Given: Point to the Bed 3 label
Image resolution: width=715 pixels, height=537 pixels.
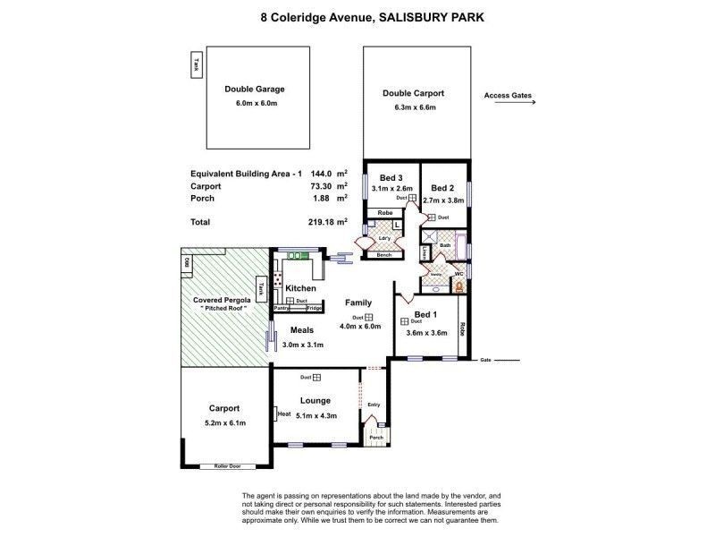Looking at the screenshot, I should click(x=392, y=177).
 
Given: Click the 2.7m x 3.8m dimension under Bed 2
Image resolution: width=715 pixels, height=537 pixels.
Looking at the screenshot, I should click(x=443, y=201).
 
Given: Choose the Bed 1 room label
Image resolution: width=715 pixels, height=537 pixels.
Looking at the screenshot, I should click(x=426, y=314).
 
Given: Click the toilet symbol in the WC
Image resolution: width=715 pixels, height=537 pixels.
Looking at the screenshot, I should click(x=459, y=286).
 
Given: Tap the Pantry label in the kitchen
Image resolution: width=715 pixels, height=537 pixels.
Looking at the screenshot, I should click(x=283, y=309).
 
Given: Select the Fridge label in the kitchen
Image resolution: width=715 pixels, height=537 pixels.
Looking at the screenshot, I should click(x=314, y=309).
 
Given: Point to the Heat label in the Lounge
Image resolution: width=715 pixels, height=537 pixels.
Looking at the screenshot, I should click(x=284, y=413).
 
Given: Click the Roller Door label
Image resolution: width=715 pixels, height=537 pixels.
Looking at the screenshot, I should click(x=227, y=466).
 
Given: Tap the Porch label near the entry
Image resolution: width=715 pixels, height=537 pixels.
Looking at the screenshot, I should click(x=376, y=438).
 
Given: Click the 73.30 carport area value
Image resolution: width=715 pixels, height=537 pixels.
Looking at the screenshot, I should click(x=322, y=186).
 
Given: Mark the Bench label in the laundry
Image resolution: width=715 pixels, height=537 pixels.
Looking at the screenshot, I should click(x=384, y=255).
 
